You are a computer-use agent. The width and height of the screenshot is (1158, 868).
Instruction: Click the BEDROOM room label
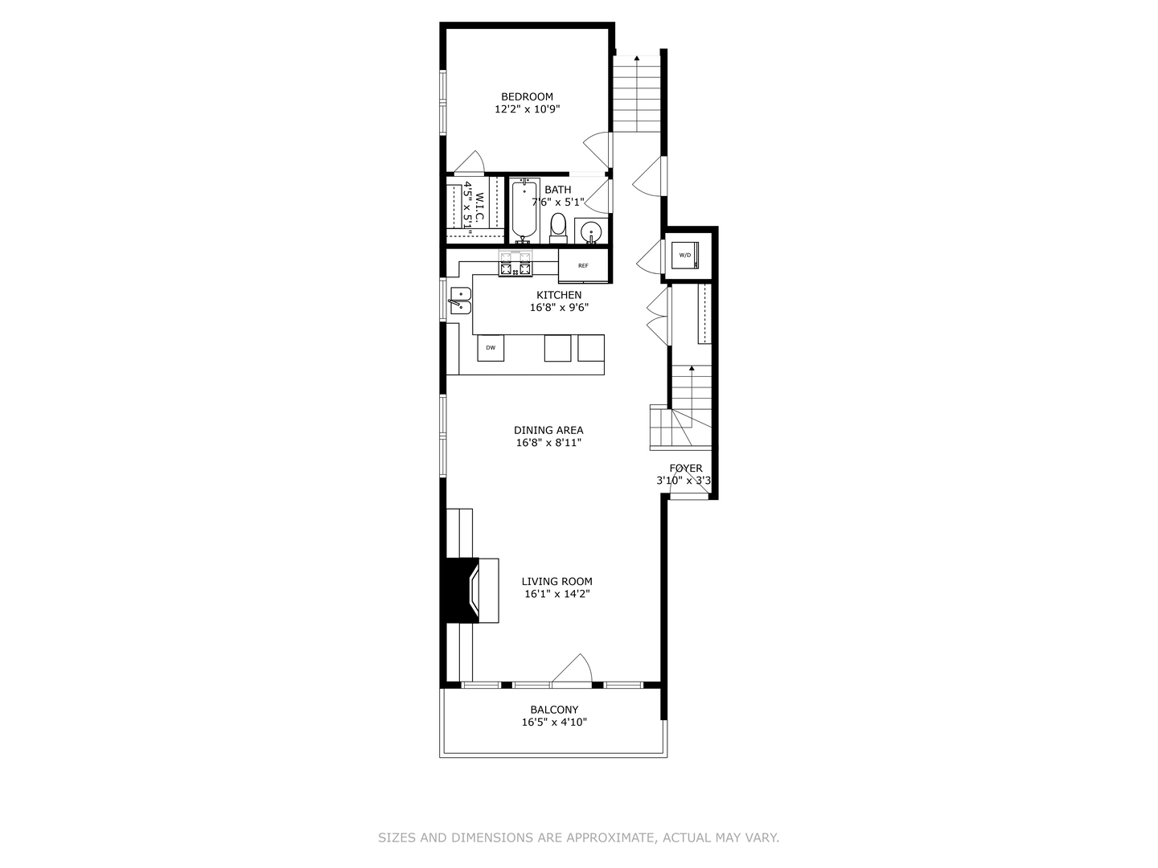tap(527, 96)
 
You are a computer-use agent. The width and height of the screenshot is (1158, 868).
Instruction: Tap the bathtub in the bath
tap(524, 211)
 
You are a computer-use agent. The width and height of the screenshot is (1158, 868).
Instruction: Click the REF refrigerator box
tap(583, 266)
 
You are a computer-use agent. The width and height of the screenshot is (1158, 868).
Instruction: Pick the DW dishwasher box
tap(491, 348)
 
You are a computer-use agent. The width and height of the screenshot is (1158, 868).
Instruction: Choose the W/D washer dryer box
tap(685, 256)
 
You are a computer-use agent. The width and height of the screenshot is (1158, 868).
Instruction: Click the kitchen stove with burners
tap(515, 264)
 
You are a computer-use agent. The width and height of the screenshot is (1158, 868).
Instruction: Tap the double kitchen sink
tap(460, 300)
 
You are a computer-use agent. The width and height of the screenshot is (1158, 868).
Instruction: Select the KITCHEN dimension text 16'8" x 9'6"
tap(559, 307)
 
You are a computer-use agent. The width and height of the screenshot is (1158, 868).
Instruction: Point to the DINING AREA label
tap(548, 430)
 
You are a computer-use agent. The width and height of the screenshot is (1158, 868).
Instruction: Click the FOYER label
tap(685, 469)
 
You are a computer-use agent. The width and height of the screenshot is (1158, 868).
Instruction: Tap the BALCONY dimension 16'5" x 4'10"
tap(554, 723)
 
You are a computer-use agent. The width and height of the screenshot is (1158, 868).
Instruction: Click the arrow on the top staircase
tap(637, 58)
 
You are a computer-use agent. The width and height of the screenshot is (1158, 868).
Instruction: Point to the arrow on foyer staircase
tap(692, 368)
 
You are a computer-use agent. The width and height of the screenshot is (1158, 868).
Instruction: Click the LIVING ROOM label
tap(556, 581)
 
